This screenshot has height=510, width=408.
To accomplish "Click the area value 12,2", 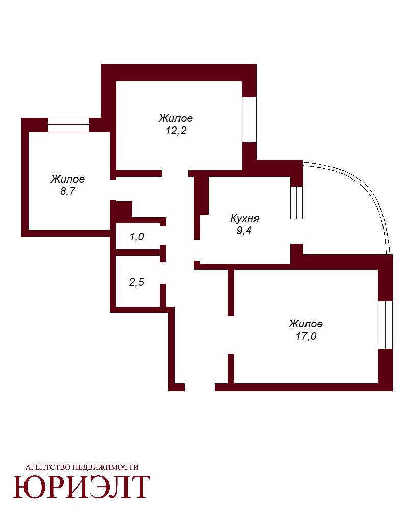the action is [x=175, y=131].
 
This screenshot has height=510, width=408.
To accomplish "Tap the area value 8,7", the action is [x=68, y=191].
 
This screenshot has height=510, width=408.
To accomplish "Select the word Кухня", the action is [x=245, y=218].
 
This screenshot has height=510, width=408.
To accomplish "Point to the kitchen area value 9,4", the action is [x=244, y=231].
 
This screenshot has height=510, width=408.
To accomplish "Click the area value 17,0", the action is [x=306, y=336].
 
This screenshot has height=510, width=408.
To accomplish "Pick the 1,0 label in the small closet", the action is [x=137, y=237].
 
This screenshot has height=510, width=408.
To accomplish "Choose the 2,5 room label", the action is [x=137, y=282].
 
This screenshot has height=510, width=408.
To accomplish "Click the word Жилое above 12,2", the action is [x=175, y=118].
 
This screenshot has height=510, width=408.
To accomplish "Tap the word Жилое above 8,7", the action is [x=68, y=179].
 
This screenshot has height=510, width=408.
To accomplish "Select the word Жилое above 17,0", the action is [x=306, y=324].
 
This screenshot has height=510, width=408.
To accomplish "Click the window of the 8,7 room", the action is [x=69, y=125].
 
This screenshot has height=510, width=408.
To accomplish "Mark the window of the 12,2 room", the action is [x=249, y=120].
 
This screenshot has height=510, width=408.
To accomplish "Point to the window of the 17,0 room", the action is [x=386, y=325].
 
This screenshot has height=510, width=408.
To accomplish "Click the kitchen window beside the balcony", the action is [x=296, y=202].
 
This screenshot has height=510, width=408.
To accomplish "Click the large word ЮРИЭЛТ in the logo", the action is [x=82, y=487].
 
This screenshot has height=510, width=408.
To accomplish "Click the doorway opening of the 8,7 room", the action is [x=113, y=190].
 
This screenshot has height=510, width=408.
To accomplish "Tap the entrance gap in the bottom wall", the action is [x=200, y=387].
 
